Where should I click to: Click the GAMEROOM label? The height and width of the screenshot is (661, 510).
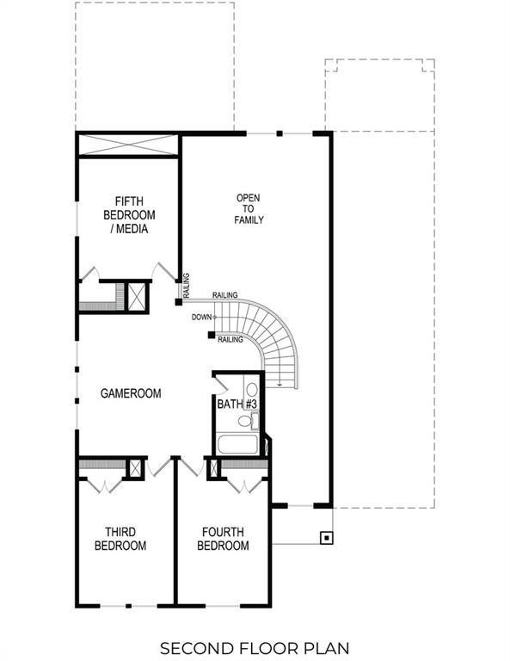coord(131,393)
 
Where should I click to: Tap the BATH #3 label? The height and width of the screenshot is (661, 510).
coord(237,404)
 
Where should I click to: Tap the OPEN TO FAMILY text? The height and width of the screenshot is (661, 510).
coord(249,209)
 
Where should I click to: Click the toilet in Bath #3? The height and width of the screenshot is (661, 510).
coord(253,421)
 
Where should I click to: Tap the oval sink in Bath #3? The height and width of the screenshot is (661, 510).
coord(252,388)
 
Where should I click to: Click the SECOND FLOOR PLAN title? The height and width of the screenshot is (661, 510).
coord(255,646)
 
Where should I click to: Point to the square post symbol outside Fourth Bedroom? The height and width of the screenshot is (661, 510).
coord(326,539)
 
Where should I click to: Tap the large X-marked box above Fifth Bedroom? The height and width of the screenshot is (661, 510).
coord(127,145)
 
